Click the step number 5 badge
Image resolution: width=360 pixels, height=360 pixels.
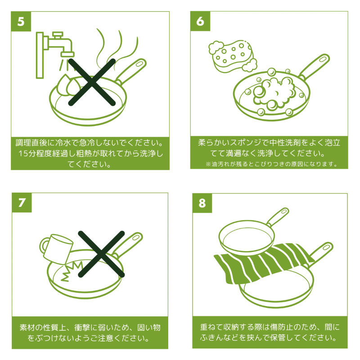(21, 21)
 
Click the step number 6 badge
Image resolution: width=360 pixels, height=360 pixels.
(200, 21)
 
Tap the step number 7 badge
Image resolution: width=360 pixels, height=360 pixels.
(22, 202)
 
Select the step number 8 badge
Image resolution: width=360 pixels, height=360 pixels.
(202, 203)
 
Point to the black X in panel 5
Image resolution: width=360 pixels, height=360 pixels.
(92, 82)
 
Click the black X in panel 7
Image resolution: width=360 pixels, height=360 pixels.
(101, 254)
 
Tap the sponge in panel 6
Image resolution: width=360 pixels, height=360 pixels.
(232, 55)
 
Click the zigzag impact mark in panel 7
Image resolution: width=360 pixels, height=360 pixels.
(72, 271)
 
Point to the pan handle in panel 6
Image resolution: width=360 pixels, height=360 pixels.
(314, 66)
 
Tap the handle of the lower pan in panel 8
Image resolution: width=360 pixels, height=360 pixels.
(321, 253)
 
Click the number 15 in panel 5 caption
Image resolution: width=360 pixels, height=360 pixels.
(23, 153)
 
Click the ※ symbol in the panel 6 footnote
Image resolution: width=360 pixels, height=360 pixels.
(208, 164)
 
